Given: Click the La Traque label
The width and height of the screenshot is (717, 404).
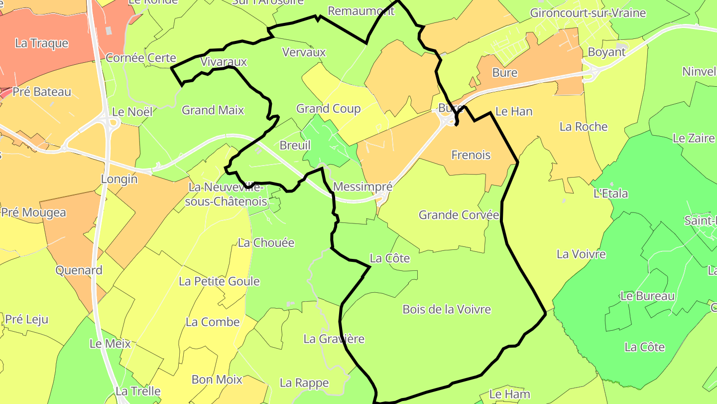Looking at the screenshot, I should tap(41, 43).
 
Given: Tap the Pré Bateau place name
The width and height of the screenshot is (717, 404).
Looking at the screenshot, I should tap(42, 92).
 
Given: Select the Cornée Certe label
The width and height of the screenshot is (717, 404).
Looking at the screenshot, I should tap(141, 58).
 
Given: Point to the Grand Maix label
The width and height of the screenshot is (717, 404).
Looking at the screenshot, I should tap(213, 110).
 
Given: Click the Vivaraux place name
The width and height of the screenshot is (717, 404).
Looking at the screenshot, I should tap(224, 62).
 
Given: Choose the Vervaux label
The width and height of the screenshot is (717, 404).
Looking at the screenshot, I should tap(304, 52).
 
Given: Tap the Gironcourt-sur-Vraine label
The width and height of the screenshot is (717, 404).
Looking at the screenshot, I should tap(588, 13).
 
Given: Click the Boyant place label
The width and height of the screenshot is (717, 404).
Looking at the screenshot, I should tap(606, 52).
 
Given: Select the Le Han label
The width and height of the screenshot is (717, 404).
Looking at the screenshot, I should tap(514, 111).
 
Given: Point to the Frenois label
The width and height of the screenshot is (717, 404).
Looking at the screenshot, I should tap(471, 155).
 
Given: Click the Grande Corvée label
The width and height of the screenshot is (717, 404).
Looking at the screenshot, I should tap(459, 215).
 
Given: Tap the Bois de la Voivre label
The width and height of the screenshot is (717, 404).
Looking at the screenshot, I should tap(447, 309).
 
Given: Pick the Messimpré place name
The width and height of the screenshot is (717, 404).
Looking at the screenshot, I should tap(362, 187).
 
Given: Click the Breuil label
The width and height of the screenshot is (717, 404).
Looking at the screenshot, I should tap(295, 145).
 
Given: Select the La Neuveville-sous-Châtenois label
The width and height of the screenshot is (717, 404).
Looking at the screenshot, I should tap(226, 195).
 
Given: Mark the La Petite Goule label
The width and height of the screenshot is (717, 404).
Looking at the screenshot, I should tap(219, 281).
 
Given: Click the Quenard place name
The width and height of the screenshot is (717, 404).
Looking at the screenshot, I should tap(79, 270).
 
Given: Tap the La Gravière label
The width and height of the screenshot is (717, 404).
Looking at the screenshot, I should tap(334, 339).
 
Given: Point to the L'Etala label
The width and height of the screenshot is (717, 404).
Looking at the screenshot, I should tap(610, 194).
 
